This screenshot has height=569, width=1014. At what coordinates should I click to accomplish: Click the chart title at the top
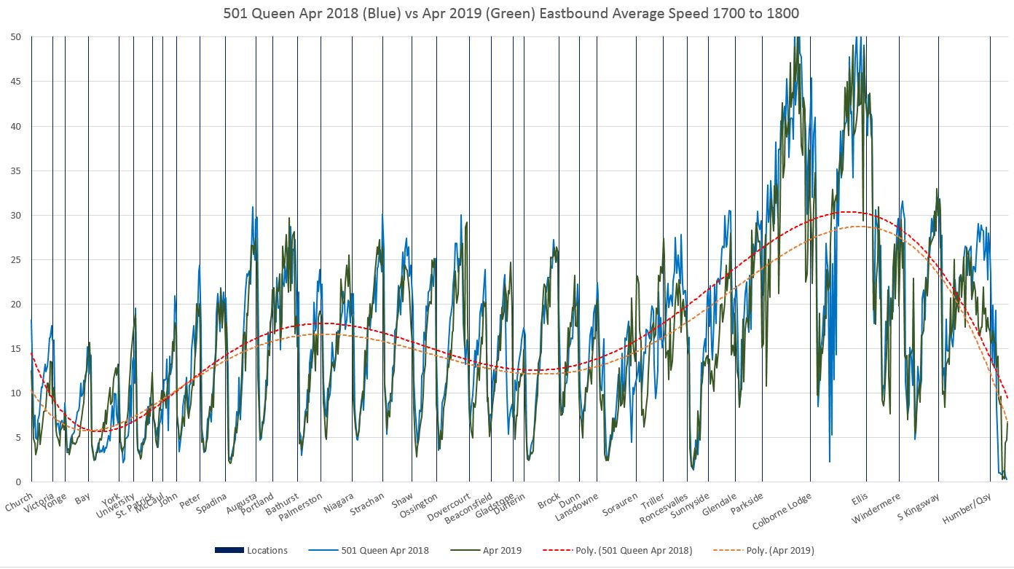pos(506,12)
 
